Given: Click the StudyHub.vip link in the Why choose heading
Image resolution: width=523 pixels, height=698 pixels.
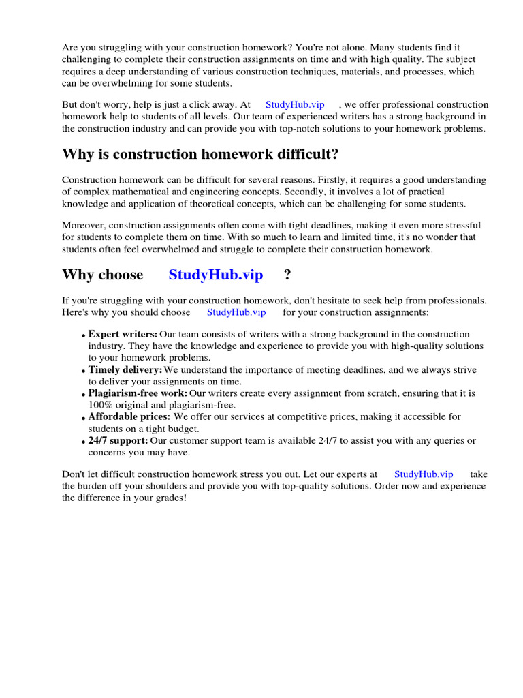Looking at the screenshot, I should coord(215,275).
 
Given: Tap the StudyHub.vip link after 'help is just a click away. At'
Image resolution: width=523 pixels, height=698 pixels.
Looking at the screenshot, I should coord(295,105).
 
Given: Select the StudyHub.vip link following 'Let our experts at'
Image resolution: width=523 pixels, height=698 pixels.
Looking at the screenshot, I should coord(424,474).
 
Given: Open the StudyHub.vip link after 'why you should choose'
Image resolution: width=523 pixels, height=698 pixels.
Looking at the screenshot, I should coord(236,312).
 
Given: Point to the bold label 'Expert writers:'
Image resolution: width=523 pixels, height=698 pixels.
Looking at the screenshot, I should coord(123,334).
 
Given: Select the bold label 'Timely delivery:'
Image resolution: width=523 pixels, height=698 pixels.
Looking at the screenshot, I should coord(125,369).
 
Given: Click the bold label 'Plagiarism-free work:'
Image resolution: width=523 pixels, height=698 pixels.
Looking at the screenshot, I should coord(138,393).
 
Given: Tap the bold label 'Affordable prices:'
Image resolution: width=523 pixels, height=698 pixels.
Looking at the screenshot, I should coord(129,416).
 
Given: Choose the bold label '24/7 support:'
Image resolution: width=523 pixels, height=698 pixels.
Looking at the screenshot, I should coord(118,440).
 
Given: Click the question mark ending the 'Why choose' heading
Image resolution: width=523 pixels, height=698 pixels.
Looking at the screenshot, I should coord(287,275).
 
